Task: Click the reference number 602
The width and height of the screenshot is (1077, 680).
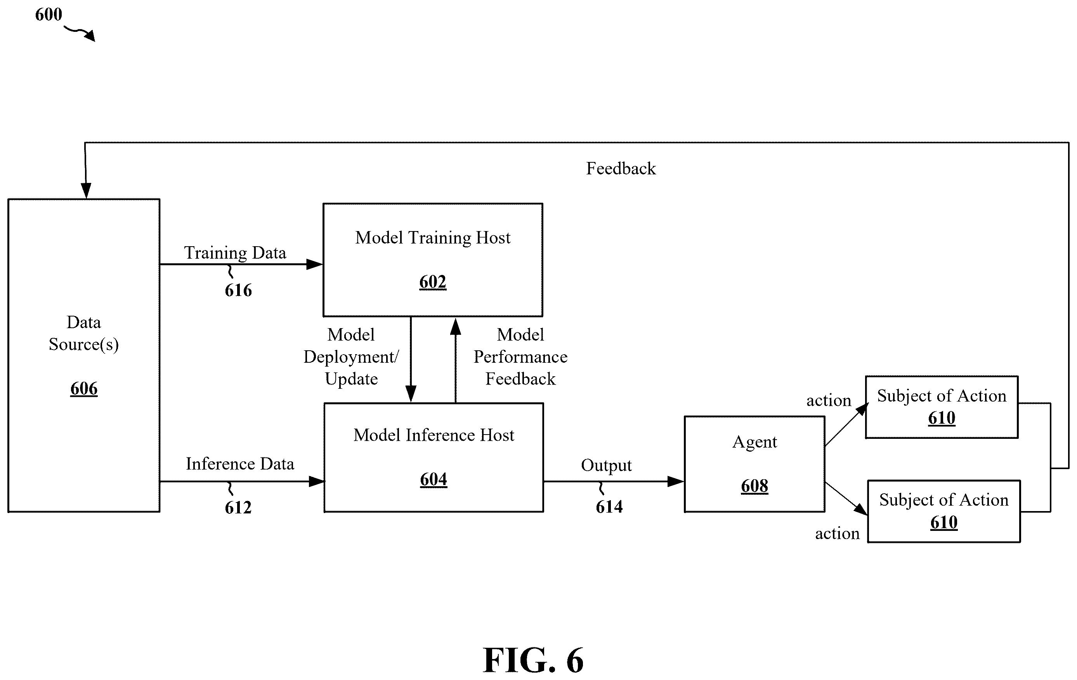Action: click(x=432, y=282)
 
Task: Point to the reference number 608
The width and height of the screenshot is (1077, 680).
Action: click(x=754, y=485)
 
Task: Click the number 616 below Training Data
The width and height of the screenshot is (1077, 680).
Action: click(x=238, y=290)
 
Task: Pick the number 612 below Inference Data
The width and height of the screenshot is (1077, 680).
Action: click(x=238, y=507)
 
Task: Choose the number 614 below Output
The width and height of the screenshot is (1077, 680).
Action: click(x=609, y=506)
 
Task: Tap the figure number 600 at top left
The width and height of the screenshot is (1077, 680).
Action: click(x=48, y=14)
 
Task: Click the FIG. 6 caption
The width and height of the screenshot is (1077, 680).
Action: click(x=533, y=660)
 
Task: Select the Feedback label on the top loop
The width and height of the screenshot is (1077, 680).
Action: click(x=621, y=168)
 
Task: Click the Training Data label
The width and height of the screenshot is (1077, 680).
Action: click(x=235, y=253)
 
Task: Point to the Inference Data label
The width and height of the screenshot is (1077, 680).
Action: click(x=240, y=463)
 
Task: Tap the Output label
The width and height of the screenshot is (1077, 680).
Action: click(x=606, y=466)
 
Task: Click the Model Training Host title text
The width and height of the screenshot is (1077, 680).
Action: click(x=432, y=238)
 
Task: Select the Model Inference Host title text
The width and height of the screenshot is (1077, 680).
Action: click(x=434, y=435)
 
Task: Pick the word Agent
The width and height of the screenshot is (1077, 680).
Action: click(x=754, y=442)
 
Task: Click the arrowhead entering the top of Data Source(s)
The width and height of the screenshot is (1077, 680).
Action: click(x=85, y=191)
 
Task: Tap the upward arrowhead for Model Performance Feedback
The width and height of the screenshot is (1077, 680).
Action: click(x=455, y=326)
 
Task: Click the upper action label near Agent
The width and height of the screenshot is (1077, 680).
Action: click(x=828, y=400)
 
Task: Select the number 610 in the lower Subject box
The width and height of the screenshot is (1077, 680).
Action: click(x=944, y=522)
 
